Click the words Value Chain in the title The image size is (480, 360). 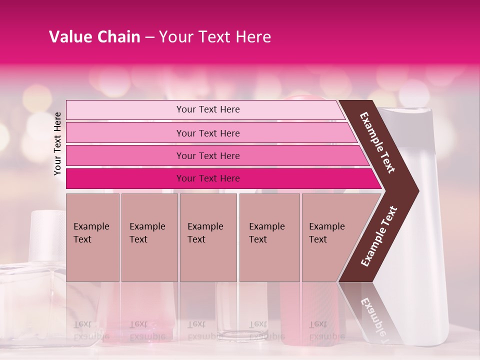94,37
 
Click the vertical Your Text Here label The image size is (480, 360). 57,143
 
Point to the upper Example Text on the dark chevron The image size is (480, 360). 377,142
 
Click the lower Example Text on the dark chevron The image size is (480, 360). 379,236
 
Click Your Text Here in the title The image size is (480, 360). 215,37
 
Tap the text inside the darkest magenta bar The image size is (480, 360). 208,178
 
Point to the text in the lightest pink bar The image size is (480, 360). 208,109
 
